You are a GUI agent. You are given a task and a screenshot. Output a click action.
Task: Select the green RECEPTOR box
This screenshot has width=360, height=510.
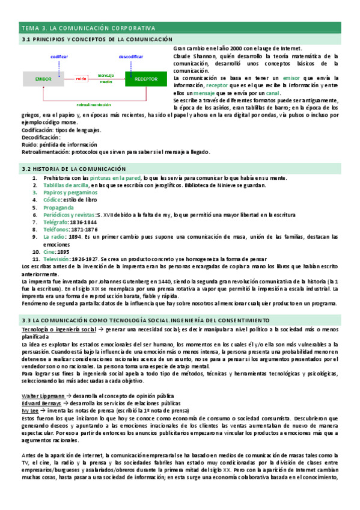coord(146,78)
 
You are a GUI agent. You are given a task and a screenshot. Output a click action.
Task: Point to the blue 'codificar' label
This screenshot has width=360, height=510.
coord(59,56)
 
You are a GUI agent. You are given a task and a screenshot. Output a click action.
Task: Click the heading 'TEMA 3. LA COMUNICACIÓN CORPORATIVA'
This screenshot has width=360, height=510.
coord(88,28)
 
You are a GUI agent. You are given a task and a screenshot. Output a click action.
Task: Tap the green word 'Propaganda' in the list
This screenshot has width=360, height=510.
coord(59,206)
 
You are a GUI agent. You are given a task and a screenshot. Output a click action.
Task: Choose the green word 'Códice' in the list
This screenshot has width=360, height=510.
coord(53,199)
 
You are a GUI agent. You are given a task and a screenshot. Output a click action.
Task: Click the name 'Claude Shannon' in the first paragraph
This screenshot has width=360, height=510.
coord(192,55)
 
